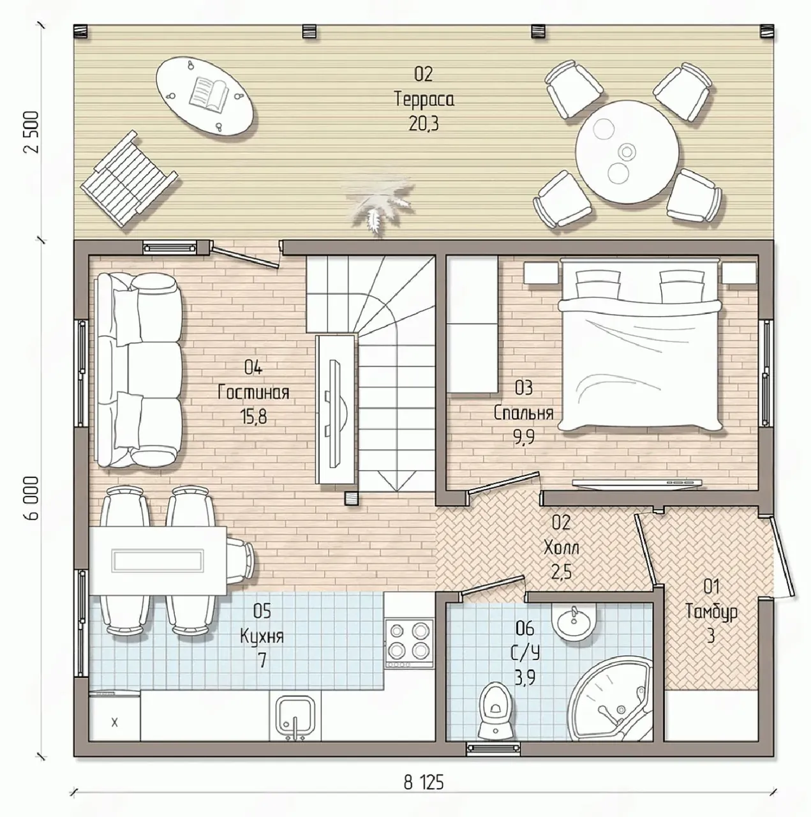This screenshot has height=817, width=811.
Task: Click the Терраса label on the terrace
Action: pos(424,100)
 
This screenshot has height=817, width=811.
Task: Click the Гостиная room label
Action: pos(253,392)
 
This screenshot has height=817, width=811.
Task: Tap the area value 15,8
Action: pos(254,417)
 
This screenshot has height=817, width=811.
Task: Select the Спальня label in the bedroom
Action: pos(524,413)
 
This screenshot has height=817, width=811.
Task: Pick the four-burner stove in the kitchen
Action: pos(410,643)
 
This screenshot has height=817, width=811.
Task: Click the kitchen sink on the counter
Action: pos(295,718)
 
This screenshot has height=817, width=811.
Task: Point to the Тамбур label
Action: pos(711,612)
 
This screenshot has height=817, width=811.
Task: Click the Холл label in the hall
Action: pos(562,548)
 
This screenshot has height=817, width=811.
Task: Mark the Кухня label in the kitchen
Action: pos(262,636)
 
